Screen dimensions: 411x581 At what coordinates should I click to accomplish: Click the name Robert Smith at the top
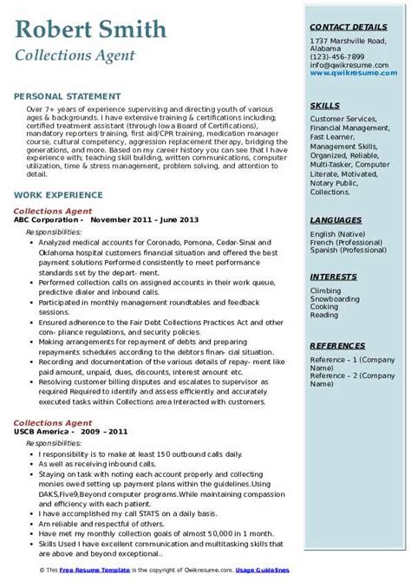(91, 31)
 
